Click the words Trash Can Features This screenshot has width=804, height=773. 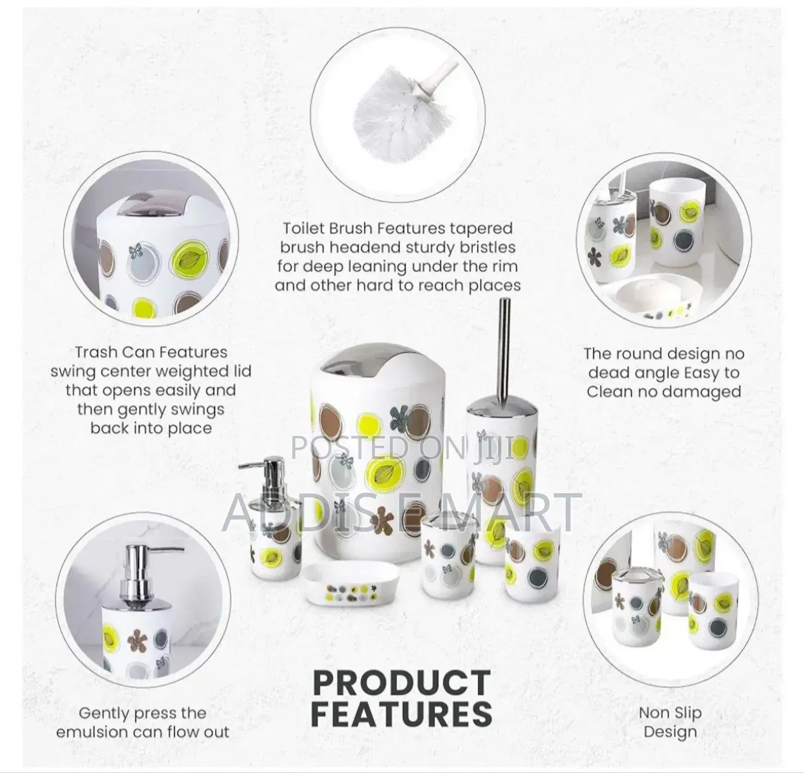click(151, 352)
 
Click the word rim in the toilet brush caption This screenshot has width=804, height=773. click(502, 266)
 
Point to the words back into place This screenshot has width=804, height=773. click(151, 428)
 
